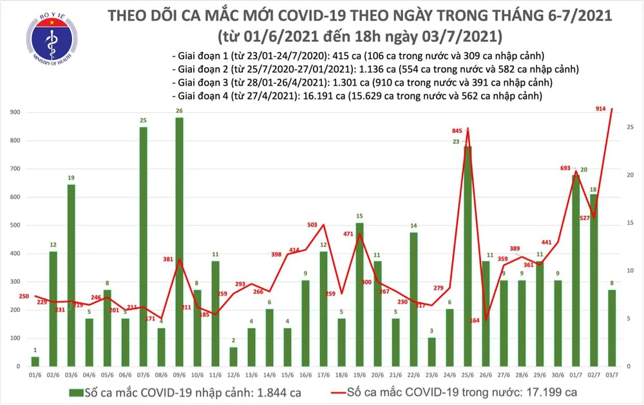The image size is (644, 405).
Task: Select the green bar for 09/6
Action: pyautogui.click(x=179, y=242)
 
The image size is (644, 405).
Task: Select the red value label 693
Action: pyautogui.click(x=566, y=168)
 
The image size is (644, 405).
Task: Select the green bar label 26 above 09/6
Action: pyautogui.click(x=179, y=111)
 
